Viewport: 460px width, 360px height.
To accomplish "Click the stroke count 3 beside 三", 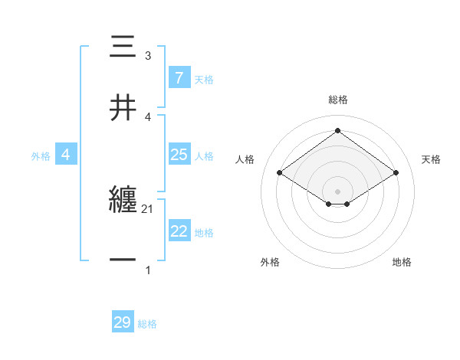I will [x=147, y=56].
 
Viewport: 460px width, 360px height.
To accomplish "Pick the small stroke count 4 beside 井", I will [x=147, y=116].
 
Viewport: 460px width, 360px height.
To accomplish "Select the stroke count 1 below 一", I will [x=147, y=270].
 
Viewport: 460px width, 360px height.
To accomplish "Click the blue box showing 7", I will [x=179, y=78].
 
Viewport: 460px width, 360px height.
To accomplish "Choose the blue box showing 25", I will [x=179, y=155].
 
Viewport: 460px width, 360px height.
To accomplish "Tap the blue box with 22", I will [x=179, y=231].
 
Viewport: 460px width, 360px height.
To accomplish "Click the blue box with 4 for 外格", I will [x=66, y=155].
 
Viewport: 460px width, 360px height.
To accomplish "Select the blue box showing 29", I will [x=123, y=322].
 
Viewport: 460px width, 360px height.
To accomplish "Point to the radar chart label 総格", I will [x=338, y=100].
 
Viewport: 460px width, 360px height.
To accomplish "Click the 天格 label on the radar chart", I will [x=431, y=159].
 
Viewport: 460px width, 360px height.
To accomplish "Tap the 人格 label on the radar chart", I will [x=245, y=159].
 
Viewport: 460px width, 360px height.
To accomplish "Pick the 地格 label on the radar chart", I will [x=402, y=262].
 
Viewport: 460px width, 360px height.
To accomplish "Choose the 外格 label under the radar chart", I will [x=270, y=262].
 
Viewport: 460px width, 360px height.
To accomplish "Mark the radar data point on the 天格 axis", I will [x=396, y=173].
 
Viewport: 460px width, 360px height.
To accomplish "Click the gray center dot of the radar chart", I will [x=338, y=191].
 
